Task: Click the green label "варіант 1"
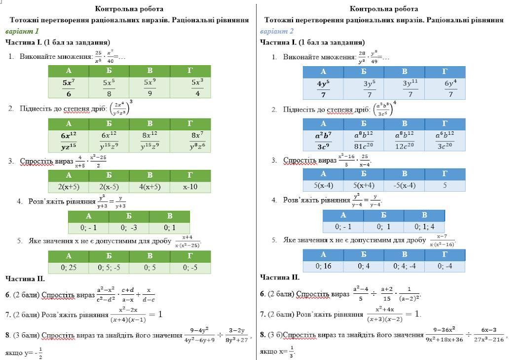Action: click(22, 31)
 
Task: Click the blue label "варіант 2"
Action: click(277, 31)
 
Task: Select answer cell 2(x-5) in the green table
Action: click(109, 187)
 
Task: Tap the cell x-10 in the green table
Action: click(190, 187)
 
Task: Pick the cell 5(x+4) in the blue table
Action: click(364, 186)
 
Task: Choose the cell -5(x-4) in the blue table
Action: click(404, 186)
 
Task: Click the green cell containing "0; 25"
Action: click(69, 268)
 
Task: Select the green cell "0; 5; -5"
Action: click(109, 268)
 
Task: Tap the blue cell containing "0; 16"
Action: click(323, 266)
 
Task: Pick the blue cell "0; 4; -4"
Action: click(404, 266)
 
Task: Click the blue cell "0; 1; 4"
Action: click(424, 227)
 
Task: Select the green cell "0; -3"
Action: click(129, 228)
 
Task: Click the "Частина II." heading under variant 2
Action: click(280, 278)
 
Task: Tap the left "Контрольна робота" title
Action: click(129, 9)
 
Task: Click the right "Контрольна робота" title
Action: click(384, 9)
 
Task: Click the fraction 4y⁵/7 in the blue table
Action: click(323, 88)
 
